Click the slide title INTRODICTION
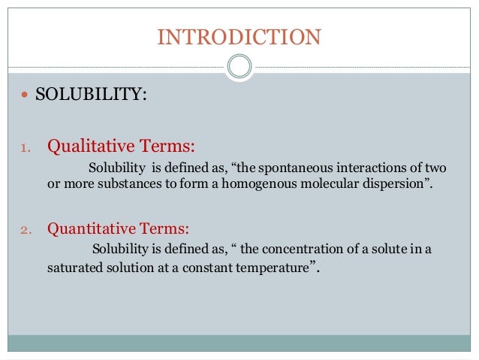(x=239, y=37)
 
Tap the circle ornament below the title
(x=239, y=67)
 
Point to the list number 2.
(x=24, y=228)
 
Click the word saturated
(x=72, y=268)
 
